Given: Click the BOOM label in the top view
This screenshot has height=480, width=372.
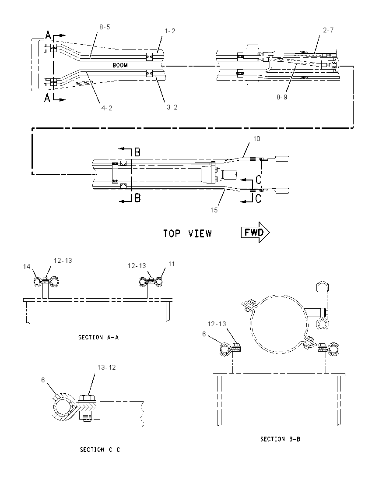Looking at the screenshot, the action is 120,65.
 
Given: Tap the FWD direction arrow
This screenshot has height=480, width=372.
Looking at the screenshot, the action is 255,233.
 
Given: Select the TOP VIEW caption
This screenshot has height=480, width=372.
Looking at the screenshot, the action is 187,233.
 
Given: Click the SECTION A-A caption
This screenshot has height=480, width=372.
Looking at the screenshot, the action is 98,337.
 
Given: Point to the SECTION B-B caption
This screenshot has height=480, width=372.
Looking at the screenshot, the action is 280,439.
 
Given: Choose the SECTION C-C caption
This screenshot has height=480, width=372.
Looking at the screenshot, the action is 100,449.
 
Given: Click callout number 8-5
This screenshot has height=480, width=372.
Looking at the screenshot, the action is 105,27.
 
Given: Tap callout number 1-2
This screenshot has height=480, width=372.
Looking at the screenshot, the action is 170,31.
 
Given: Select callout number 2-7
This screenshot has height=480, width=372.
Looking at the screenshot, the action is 328,30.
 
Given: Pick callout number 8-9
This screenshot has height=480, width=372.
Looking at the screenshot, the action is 282,97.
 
